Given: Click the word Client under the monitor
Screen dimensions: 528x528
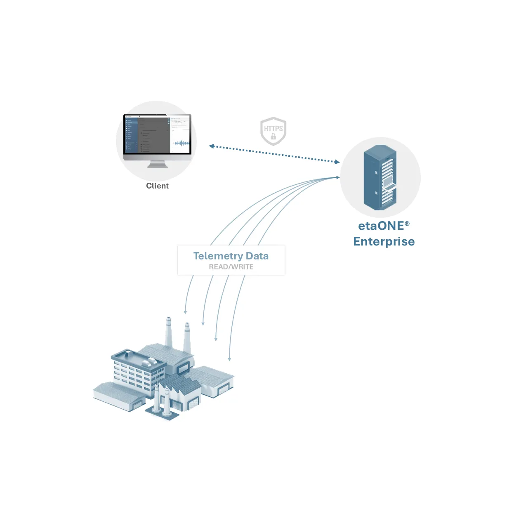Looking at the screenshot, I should [x=157, y=186].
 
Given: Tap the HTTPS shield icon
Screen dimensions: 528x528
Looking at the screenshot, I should [x=273, y=131].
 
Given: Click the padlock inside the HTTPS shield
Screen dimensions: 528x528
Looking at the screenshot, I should [x=273, y=136].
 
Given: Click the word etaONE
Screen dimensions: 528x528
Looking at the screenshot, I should [x=380, y=226].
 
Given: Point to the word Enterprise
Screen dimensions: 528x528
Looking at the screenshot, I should [x=384, y=242].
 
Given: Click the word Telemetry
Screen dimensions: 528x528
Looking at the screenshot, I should [x=218, y=256].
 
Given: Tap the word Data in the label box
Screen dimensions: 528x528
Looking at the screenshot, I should [x=257, y=256].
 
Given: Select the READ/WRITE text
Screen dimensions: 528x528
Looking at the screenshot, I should [x=231, y=267].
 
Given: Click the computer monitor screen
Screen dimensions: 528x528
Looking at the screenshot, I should [x=157, y=134].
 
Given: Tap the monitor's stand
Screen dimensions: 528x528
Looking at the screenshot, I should [x=158, y=164].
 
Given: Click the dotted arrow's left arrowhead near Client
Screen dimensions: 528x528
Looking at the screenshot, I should [x=211, y=146].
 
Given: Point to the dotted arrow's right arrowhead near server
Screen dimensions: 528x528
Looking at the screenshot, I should [x=337, y=162].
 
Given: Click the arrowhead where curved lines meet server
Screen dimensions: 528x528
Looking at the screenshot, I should [x=338, y=177].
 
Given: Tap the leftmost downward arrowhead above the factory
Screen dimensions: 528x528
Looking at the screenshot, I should [x=186, y=312].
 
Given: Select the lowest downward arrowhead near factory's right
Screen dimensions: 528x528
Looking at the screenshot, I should [x=230, y=359].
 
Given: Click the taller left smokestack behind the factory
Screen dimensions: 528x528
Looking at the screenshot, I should [x=168, y=332].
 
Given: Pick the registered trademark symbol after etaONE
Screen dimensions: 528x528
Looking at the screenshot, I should [x=407, y=224].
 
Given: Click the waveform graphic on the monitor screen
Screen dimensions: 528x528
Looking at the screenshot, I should [x=181, y=143].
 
